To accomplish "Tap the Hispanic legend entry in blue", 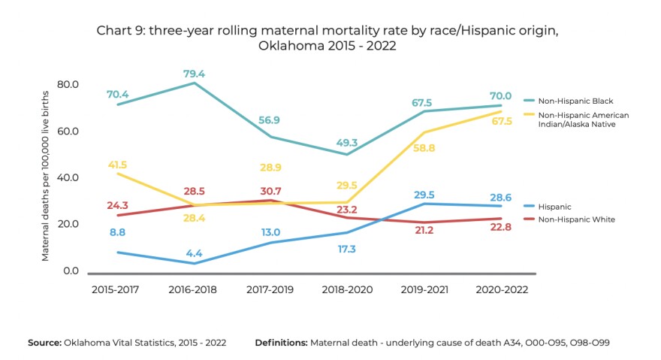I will pyautogui.click(x=555, y=207).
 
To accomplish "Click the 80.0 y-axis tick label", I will pyautogui.click(x=68, y=83).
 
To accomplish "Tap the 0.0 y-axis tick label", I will pyautogui.click(x=71, y=270).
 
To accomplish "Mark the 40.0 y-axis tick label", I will pyautogui.click(x=68, y=177).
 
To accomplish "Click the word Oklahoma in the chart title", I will pyautogui.click(x=285, y=46).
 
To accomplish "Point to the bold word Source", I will pyautogui.click(x=44, y=343).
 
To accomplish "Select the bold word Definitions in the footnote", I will pyautogui.click(x=281, y=343).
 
